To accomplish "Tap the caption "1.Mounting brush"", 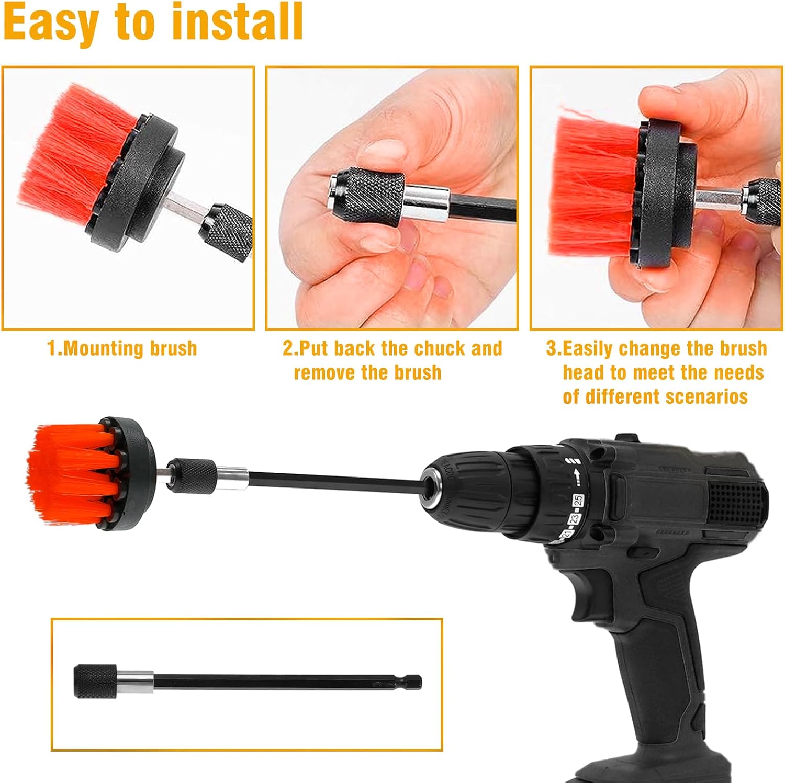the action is click(x=122, y=348).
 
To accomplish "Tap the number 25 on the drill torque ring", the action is click(x=578, y=499).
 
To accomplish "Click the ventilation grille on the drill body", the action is click(x=737, y=502).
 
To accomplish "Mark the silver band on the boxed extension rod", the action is click(x=135, y=681).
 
